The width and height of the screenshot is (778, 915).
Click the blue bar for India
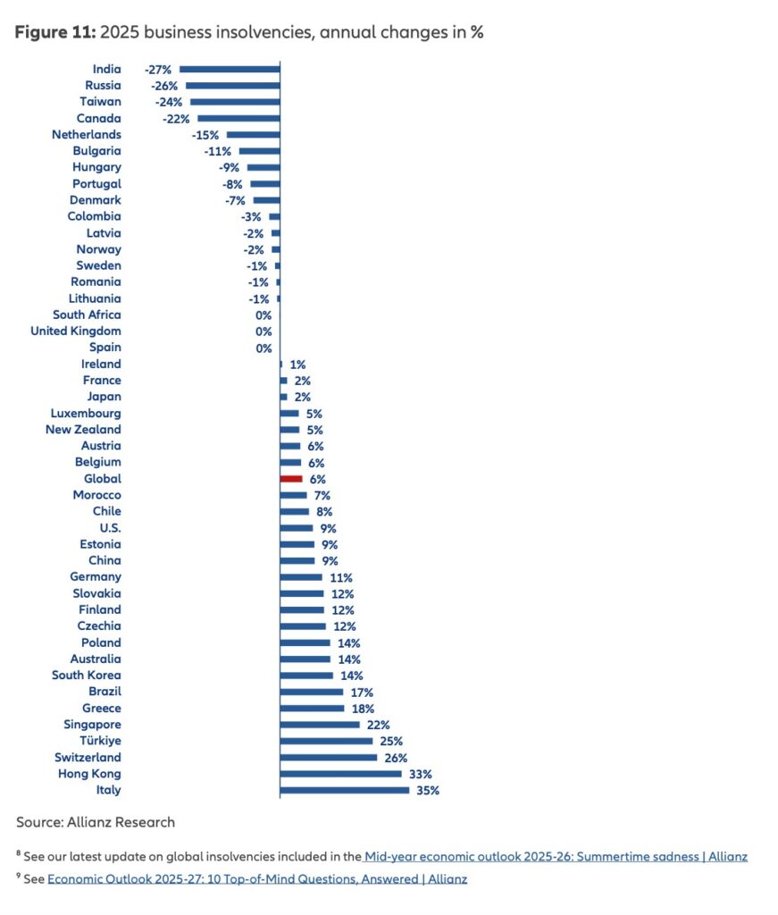[230, 69]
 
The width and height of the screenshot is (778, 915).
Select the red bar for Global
[291, 479]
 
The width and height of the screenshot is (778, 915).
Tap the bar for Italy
[345, 790]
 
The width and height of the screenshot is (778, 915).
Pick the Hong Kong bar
[340, 774]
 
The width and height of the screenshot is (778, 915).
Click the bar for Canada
[238, 118]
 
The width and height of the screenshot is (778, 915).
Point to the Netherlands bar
[253, 134]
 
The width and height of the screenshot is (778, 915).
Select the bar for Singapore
[320, 725]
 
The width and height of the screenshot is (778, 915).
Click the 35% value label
[428, 791]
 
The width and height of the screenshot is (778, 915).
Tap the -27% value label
[158, 69]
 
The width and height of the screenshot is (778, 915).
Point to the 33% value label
[420, 774]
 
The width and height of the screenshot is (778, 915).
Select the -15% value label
[205, 135]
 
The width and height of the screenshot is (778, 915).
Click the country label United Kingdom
[76, 332]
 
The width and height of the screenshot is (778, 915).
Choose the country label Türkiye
[100, 741]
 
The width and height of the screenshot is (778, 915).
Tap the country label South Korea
[87, 676]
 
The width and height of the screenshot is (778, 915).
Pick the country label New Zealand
[83, 430]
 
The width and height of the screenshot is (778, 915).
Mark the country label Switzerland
[88, 758]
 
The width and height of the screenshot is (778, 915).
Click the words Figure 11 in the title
[54, 32]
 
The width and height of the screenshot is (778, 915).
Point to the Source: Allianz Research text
[96, 822]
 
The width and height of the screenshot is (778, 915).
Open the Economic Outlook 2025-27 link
[257, 878]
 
